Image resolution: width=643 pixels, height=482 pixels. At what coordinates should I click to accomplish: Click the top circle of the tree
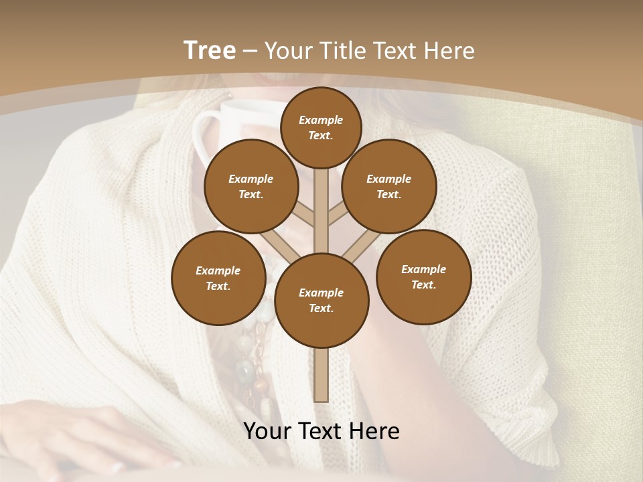[321, 127]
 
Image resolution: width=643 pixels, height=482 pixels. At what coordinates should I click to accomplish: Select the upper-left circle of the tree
[251, 186]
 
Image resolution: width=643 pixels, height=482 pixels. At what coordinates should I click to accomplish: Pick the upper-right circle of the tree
[388, 186]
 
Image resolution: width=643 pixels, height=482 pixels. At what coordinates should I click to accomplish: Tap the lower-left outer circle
[218, 278]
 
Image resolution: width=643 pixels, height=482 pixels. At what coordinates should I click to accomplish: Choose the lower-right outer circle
[423, 276]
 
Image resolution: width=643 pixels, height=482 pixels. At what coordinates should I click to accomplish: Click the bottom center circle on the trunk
[321, 300]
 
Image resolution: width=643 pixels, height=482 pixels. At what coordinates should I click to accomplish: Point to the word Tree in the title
[210, 50]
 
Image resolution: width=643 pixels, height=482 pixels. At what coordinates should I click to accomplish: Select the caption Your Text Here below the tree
[321, 431]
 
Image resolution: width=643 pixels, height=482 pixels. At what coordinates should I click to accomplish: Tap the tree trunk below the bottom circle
[321, 375]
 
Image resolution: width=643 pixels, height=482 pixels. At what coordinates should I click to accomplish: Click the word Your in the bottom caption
[267, 431]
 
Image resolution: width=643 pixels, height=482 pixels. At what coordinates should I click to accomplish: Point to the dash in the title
[251, 51]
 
